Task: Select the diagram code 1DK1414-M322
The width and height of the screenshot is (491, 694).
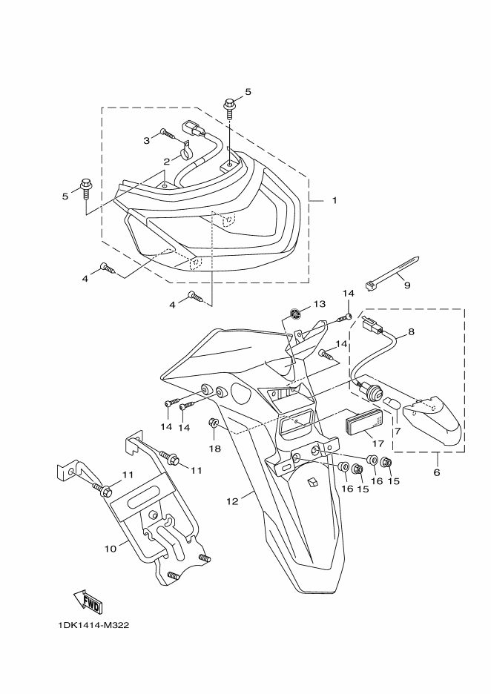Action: click(x=93, y=625)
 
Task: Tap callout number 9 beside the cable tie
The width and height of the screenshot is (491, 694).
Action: click(x=407, y=285)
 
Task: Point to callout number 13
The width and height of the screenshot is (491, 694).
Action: click(x=319, y=304)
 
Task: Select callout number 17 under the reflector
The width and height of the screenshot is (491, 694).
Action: click(x=378, y=443)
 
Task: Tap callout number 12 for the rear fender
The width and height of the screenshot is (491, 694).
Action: click(x=232, y=501)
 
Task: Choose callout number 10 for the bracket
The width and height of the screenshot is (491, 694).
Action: click(x=111, y=549)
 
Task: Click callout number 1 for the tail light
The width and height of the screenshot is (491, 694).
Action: click(x=335, y=200)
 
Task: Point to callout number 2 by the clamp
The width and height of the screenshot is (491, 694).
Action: click(x=166, y=162)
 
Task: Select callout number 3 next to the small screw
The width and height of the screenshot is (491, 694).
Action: click(x=147, y=140)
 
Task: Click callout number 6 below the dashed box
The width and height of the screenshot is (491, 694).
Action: click(x=437, y=472)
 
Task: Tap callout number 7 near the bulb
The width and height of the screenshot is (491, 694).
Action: click(x=397, y=431)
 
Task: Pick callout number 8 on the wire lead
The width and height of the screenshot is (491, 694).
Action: click(x=412, y=331)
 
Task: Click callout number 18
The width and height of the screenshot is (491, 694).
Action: click(x=215, y=449)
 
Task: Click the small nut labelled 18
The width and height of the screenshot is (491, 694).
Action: click(x=212, y=423)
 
